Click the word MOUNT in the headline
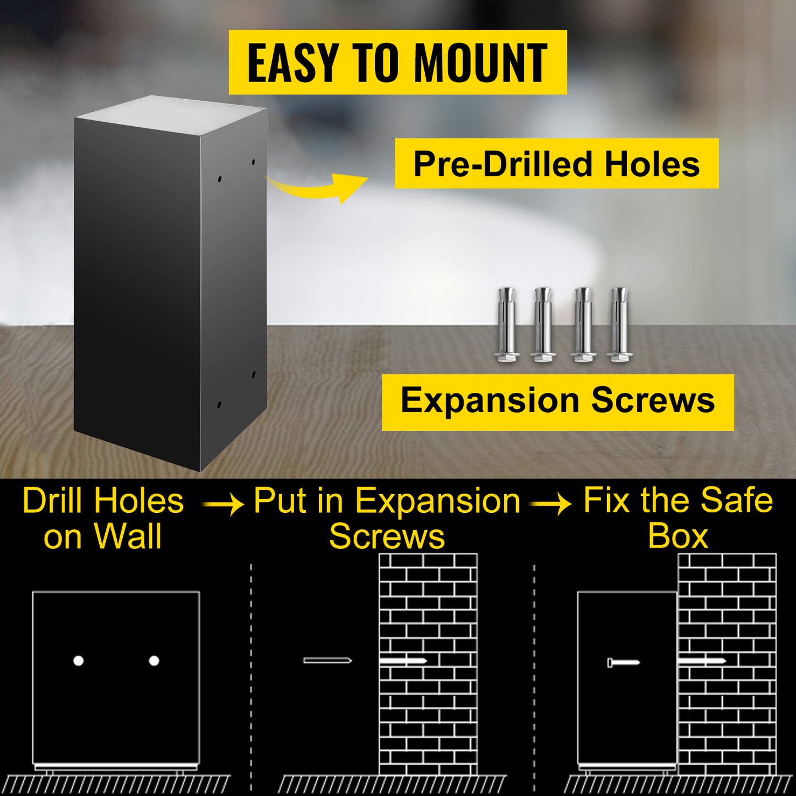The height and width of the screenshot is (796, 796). (481, 63)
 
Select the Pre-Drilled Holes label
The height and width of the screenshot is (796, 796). (556, 164)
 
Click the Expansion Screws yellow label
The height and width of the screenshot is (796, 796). (557, 402)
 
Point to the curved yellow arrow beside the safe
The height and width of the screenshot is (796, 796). (314, 189)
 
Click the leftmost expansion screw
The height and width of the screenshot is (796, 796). (506, 324)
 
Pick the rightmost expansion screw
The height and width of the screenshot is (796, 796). (619, 324)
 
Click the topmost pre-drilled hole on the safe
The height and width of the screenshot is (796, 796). (253, 162)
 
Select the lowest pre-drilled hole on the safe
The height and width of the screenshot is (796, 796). (219, 404)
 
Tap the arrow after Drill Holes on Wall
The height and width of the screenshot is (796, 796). (223, 505)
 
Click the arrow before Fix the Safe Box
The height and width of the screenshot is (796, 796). (551, 505)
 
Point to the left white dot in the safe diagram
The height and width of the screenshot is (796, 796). (78, 661)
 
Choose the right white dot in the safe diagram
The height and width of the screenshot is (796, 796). (154, 661)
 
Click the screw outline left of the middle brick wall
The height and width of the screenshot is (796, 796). (327, 660)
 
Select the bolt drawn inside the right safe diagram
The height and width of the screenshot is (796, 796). (624, 663)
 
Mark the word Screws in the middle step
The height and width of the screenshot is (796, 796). (387, 537)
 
